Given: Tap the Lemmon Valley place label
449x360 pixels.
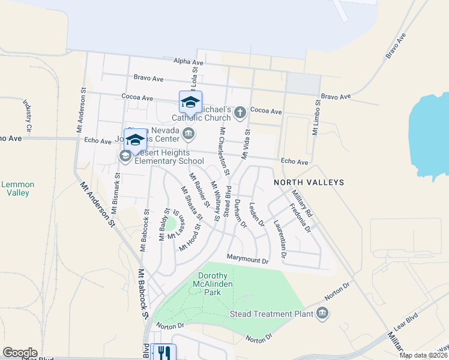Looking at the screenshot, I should (x=17, y=188).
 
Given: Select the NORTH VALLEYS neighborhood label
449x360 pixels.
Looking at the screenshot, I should (x=309, y=182).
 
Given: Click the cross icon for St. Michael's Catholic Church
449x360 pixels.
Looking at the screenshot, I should (x=240, y=112).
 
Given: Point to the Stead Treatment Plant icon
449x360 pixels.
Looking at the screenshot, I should (x=322, y=313).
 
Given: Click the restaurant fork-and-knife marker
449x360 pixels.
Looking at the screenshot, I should (x=163, y=352).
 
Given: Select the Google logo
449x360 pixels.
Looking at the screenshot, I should (x=20, y=353).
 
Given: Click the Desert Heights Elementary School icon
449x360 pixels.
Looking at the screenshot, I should (x=125, y=157).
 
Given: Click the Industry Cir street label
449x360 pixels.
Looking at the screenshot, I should (x=28, y=116).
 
